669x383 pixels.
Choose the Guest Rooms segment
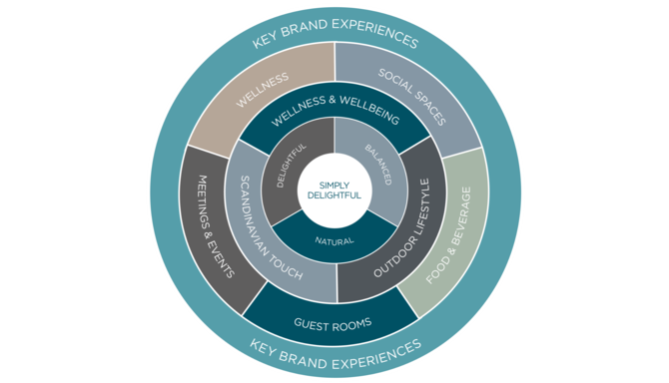[x=334, y=323]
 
